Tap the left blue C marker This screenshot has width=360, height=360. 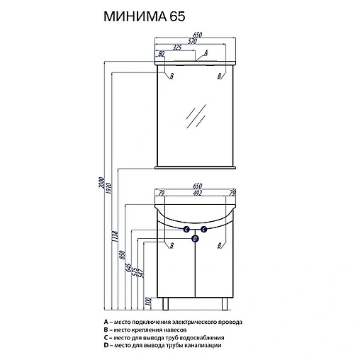tap(186, 230)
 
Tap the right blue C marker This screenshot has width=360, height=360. tap(203, 230)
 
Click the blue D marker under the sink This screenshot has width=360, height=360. tap(195, 238)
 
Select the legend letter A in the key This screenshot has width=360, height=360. tap(105, 322)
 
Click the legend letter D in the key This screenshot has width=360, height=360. tap(105, 345)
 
